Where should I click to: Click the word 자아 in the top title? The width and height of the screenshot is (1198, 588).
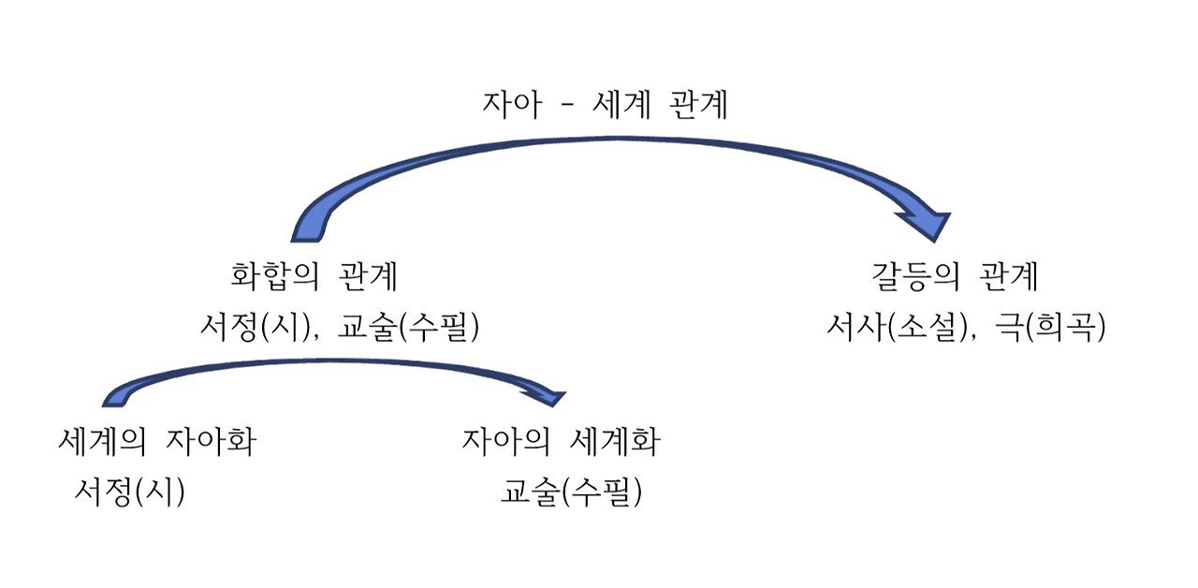pos(512,105)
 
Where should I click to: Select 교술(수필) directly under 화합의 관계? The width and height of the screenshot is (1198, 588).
pos(410,328)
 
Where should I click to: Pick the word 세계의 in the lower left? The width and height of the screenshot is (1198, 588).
pos(102,441)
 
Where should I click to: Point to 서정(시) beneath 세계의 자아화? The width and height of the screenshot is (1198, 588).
pos(130,492)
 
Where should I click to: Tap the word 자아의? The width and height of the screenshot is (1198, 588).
pos(506,441)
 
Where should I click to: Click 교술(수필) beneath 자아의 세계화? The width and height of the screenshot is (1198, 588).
pos(572,492)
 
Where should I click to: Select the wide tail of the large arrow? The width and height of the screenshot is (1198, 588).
pos(311,227)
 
